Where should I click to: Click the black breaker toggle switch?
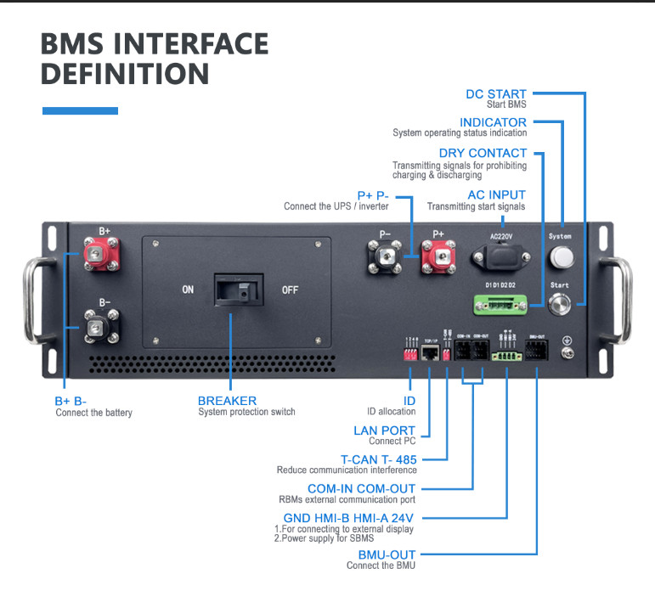[x=234, y=290]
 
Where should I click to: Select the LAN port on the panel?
[x=429, y=352]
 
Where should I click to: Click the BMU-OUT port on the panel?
[x=536, y=352]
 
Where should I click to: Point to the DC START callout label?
[x=496, y=93]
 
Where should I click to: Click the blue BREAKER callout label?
[x=227, y=401]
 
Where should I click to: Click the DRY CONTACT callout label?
[x=483, y=153]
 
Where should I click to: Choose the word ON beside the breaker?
[x=188, y=290]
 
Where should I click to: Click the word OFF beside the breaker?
[x=290, y=290]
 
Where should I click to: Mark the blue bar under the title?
[x=80, y=110]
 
